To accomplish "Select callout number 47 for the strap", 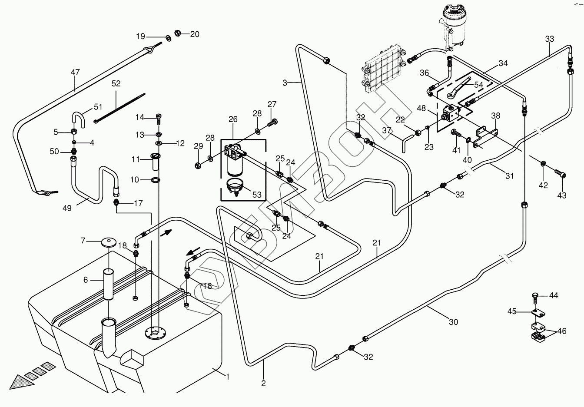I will click(x=75, y=72).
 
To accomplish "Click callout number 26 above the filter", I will click(x=233, y=119).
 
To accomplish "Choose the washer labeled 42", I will click(x=543, y=164).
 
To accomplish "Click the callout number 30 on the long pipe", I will click(x=453, y=322).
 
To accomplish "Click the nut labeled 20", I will click(x=178, y=33).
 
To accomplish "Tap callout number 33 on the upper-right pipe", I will click(x=550, y=39).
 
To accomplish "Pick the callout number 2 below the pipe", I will click(x=263, y=383).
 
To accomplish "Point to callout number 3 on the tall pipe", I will click(x=285, y=83).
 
